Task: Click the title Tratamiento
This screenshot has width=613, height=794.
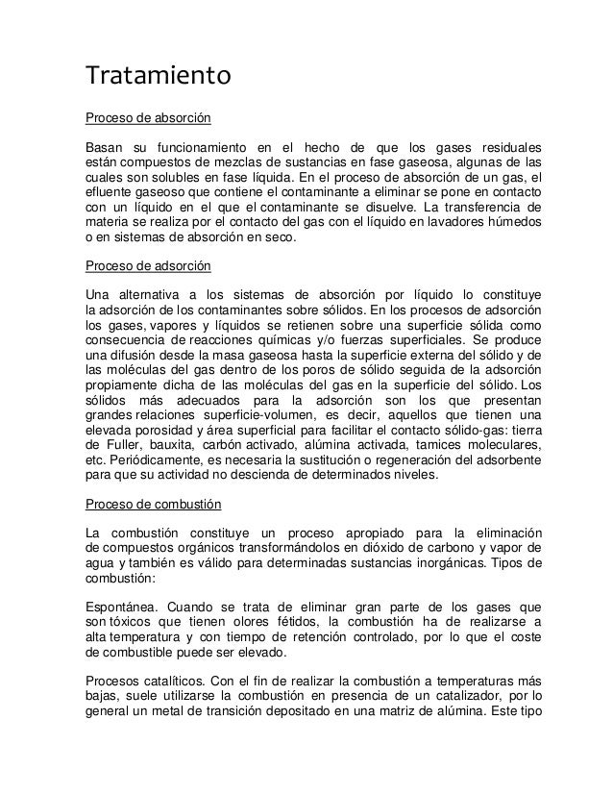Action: coord(159,74)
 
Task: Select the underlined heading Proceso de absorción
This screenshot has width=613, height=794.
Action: coord(148,118)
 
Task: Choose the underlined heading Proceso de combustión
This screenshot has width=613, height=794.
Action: coord(154,504)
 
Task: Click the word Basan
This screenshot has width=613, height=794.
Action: coord(106,148)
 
